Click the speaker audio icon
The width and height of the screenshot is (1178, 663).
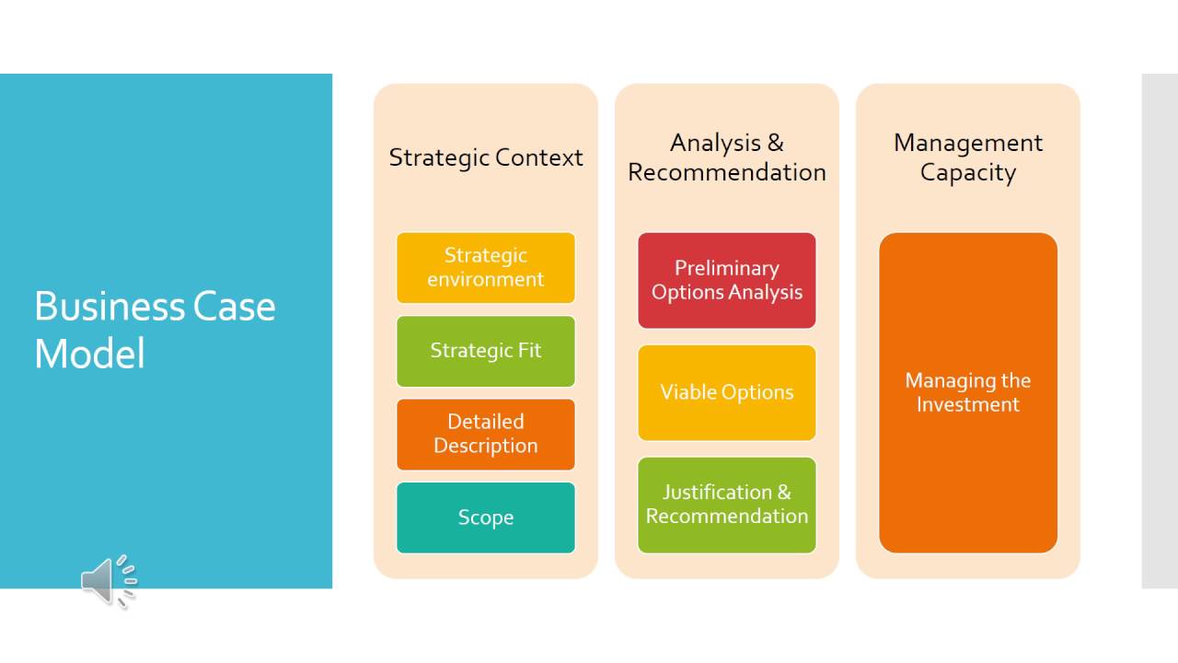[108, 580]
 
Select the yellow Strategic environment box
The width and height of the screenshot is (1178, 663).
[486, 267]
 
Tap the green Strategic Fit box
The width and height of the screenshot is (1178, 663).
[486, 351]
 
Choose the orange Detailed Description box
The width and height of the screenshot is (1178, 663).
[486, 434]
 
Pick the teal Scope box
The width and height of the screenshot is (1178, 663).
[486, 518]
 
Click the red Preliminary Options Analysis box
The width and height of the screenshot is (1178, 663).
[727, 280]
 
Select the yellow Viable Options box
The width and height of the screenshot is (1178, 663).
[727, 392]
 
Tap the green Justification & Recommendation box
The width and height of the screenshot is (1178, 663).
[727, 505]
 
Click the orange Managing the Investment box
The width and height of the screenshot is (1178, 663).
[968, 392]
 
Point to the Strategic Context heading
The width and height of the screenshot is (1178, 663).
[486, 157]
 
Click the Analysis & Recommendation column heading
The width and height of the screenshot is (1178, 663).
[727, 157]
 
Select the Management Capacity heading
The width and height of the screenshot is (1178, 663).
[968, 157]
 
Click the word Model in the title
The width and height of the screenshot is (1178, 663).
[89, 354]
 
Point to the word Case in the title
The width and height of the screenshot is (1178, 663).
[234, 306]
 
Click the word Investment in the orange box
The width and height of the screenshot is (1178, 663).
[968, 405]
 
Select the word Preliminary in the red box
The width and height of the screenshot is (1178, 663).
[727, 268]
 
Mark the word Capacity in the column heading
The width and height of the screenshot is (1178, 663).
[968, 172]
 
